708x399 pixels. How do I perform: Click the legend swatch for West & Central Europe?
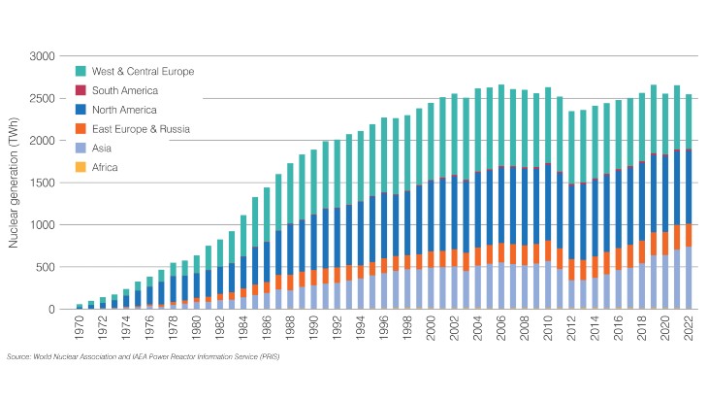(x=80, y=71)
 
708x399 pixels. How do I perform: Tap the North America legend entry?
(x=124, y=110)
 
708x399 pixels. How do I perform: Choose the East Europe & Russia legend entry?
(x=141, y=128)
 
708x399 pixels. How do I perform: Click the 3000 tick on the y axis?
(x=43, y=56)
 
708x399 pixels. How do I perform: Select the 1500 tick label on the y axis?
(x=43, y=183)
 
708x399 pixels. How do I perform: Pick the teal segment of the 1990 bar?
(x=311, y=184)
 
